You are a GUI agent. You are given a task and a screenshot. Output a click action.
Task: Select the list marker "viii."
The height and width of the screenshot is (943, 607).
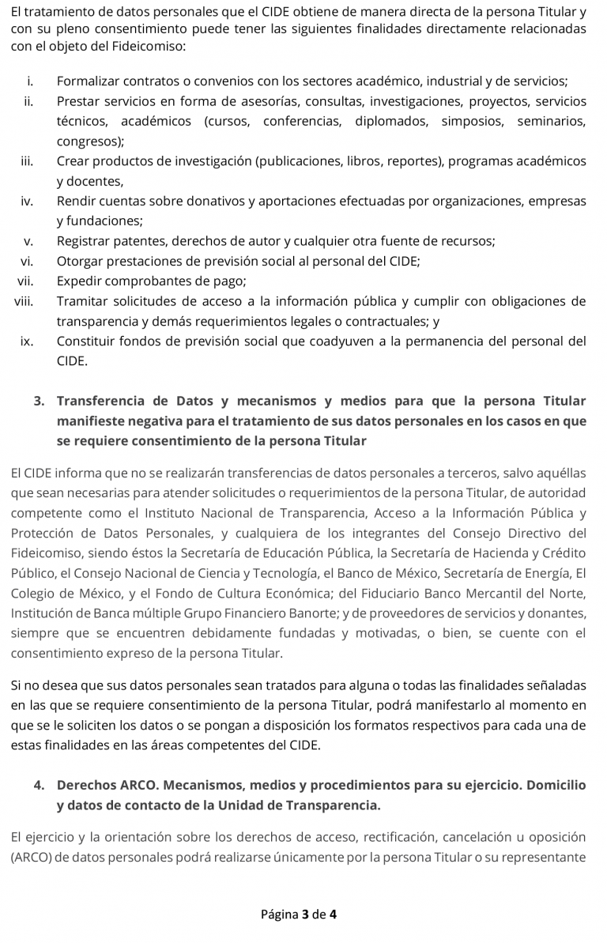coord(24,301)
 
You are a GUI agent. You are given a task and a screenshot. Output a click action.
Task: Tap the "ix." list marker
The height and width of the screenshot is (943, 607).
coord(27,341)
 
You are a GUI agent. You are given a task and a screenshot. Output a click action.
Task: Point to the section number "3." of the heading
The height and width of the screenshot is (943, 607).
coord(40,401)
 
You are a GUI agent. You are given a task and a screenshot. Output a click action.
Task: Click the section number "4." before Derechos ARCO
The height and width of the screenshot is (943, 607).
coord(40,786)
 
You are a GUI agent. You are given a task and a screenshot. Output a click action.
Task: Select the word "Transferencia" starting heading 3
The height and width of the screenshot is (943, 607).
coord(107,401)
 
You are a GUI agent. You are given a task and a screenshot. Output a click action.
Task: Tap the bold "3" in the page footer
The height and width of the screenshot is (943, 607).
coord(305,915)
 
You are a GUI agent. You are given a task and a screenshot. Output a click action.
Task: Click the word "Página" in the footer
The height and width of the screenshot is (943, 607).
coord(279,915)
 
